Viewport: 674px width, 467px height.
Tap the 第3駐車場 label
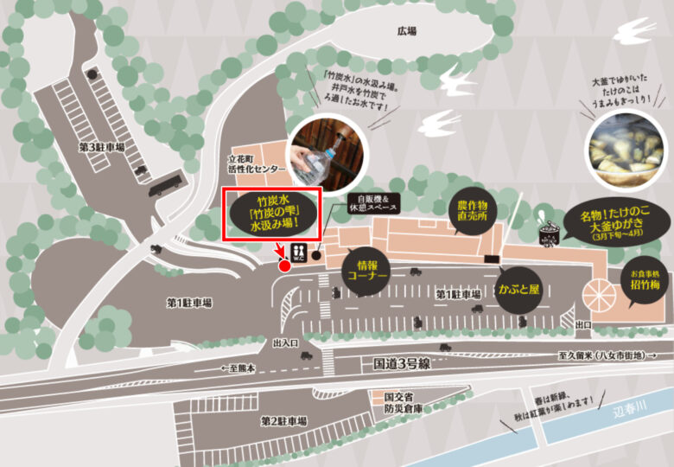pos(102,147)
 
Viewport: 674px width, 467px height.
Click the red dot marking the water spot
pos(284,266)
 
